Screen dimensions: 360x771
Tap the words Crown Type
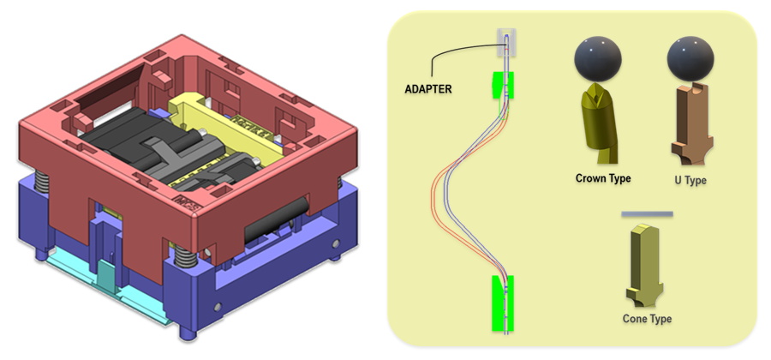click(x=603, y=178)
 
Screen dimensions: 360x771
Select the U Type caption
click(x=690, y=181)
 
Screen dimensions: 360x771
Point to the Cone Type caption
click(x=647, y=319)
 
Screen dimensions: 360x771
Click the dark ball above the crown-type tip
click(x=597, y=60)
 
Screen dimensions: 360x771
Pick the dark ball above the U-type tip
click(x=690, y=60)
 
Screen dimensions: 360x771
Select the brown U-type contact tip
click(x=690, y=120)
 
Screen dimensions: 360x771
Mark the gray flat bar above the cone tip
click(x=647, y=213)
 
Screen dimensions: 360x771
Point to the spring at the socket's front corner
click(x=182, y=255)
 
